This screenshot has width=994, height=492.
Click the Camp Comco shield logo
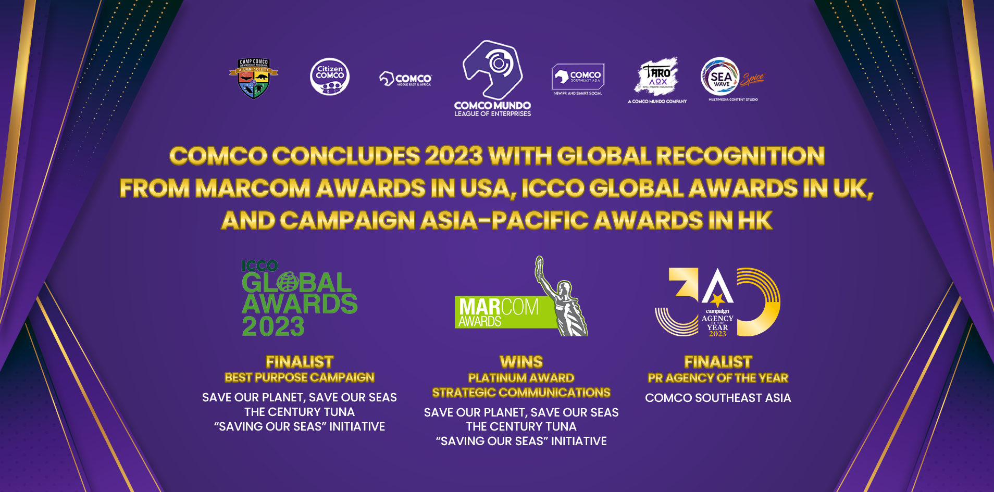[x=254, y=78]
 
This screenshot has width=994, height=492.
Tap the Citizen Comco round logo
[x=330, y=77]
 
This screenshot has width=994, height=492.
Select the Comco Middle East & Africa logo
[x=406, y=79]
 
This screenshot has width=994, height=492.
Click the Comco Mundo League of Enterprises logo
[x=492, y=78]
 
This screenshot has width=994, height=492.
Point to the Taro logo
[x=657, y=78]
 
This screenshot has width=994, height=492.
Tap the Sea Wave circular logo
[x=720, y=77]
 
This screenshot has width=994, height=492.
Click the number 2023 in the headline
[x=454, y=156]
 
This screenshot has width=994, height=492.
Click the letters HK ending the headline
[x=755, y=221]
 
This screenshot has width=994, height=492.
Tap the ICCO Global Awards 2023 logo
[x=299, y=299]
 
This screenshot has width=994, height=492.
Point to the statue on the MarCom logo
[x=563, y=302]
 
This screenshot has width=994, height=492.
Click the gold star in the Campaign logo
[x=717, y=299]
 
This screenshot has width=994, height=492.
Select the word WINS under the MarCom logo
[x=521, y=362]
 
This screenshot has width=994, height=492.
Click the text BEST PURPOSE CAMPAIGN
[x=300, y=377]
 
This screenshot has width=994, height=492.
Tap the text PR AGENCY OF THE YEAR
[x=718, y=378]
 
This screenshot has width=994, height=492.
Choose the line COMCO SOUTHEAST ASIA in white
[x=718, y=398]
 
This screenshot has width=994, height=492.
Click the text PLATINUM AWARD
[x=521, y=378]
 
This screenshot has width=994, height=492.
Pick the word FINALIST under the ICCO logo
[x=300, y=362]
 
